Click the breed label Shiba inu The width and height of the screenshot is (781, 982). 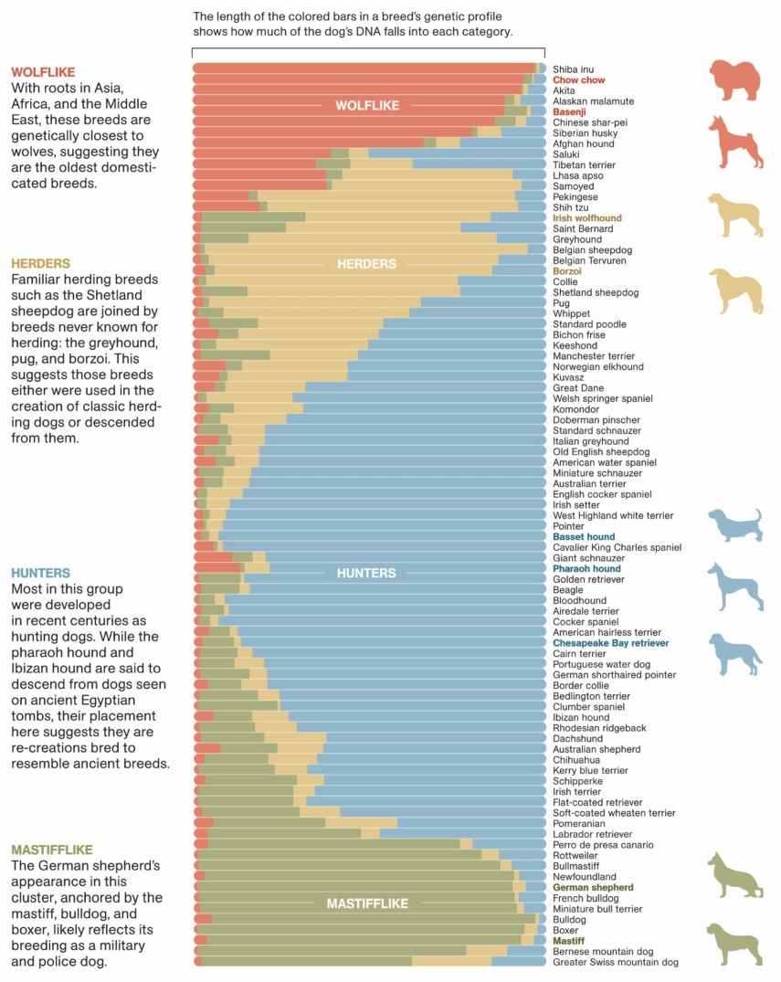click(573, 69)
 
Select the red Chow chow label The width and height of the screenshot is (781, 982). click(578, 80)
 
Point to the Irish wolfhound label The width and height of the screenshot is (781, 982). click(586, 218)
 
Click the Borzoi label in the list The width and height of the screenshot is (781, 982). click(568, 271)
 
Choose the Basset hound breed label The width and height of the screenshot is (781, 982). click(584, 537)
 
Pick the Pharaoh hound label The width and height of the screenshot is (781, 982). click(586, 569)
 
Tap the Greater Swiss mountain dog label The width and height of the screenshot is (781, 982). click(616, 962)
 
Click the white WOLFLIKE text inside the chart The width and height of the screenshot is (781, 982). click(367, 106)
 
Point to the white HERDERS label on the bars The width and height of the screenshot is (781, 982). click(366, 264)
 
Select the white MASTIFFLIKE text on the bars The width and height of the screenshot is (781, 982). click(367, 903)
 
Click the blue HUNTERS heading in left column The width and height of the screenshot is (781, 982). click(40, 573)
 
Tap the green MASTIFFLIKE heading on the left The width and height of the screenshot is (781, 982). click(51, 850)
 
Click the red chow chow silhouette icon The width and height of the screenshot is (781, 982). click(735, 80)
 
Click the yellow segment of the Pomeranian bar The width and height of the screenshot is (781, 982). click(361, 823)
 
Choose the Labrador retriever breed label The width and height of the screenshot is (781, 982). click(592, 834)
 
